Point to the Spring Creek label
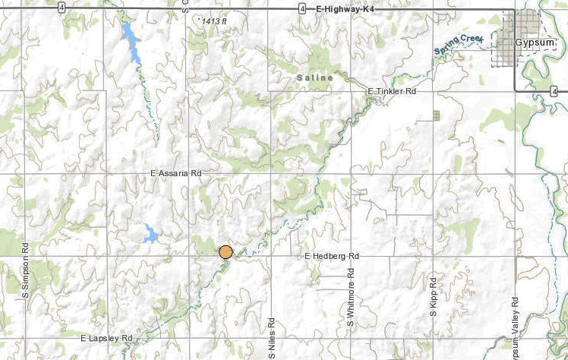coord(459,46)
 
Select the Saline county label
coord(314,77)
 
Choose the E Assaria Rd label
coord(175,174)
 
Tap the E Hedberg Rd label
coord(332,257)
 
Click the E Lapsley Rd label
coord(106,337)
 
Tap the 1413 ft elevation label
coord(214,21)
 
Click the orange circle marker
coord(226,252)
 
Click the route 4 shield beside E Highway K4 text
coord(302,9)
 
